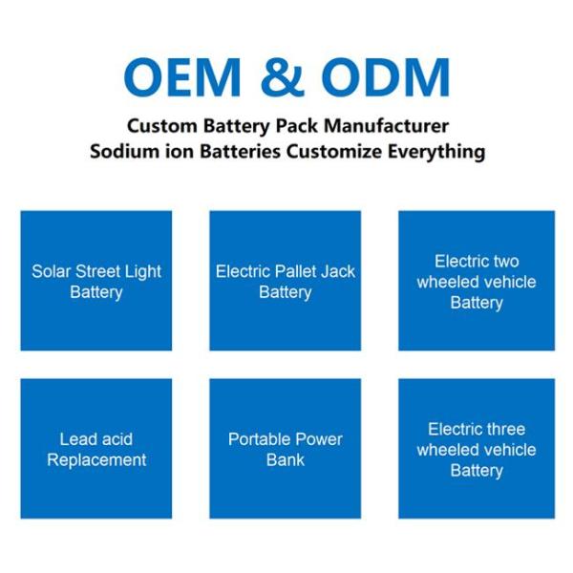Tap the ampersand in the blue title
(286, 77)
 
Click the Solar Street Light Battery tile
(96, 281)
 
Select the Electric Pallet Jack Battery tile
(286, 281)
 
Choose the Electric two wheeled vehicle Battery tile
(476, 281)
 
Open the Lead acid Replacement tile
(96, 449)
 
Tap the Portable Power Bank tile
(286, 449)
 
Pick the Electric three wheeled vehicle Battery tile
(476, 449)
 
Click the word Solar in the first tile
(51, 271)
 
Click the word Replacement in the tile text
(96, 459)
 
